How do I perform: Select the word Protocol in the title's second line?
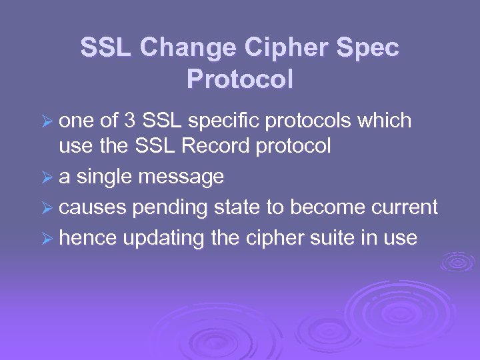[240, 79]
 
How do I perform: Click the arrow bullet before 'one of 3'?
[47, 122]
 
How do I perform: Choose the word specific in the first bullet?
[227, 121]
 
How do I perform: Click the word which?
[385, 121]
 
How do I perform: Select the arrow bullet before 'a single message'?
[47, 178]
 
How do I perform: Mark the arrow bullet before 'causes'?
[47, 209]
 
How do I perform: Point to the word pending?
[171, 209]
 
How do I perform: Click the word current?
[404, 208]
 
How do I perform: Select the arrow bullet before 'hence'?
[47, 239]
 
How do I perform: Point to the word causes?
[92, 208]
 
